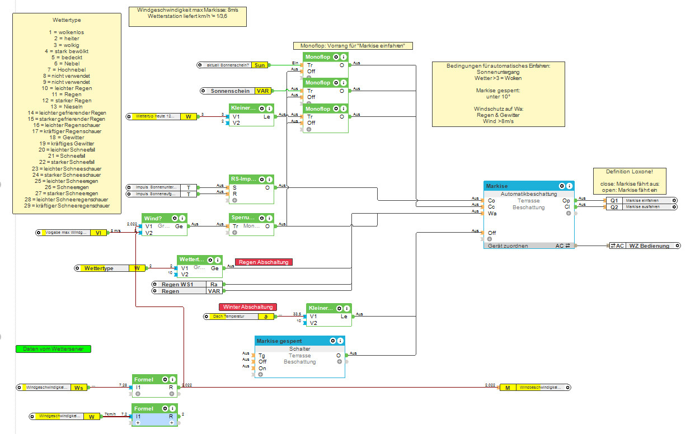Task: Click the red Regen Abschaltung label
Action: click(x=264, y=262)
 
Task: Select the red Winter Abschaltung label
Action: click(x=248, y=307)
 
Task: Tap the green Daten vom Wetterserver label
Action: click(x=53, y=349)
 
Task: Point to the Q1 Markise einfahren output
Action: click(x=641, y=200)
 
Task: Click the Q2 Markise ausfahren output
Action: click(x=641, y=207)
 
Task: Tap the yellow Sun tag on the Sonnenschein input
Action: click(x=260, y=65)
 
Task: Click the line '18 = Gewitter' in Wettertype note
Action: click(x=67, y=138)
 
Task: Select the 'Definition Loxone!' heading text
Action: click(x=629, y=172)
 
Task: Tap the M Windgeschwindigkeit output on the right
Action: click(x=534, y=387)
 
